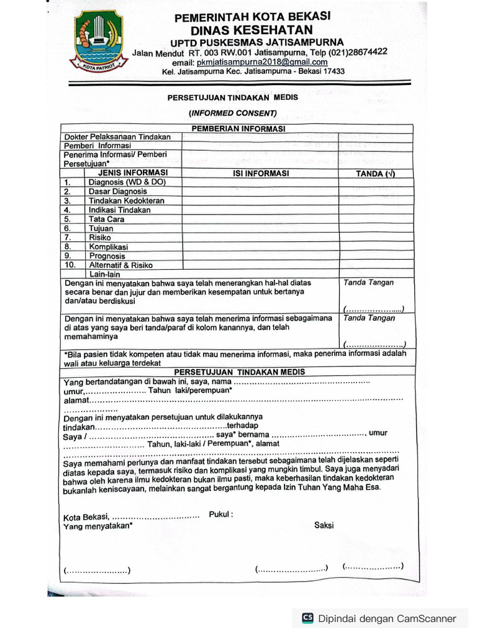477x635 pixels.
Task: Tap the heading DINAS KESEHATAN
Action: [x=260, y=29]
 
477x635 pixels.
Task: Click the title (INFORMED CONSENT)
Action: [x=233, y=113]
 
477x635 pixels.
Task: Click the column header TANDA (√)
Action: [x=375, y=174]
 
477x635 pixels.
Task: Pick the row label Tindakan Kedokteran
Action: [x=126, y=201]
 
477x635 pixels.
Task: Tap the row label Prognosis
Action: [x=107, y=256]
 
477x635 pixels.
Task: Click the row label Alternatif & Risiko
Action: [x=120, y=265]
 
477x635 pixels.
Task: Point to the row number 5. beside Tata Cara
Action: [x=68, y=219]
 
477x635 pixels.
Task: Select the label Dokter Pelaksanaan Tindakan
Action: [x=117, y=136]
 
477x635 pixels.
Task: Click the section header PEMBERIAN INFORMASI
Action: [x=238, y=128]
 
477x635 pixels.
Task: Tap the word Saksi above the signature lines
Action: [x=324, y=525]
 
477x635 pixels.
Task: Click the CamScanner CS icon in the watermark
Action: [x=307, y=618]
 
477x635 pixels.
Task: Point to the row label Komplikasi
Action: [x=108, y=247]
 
